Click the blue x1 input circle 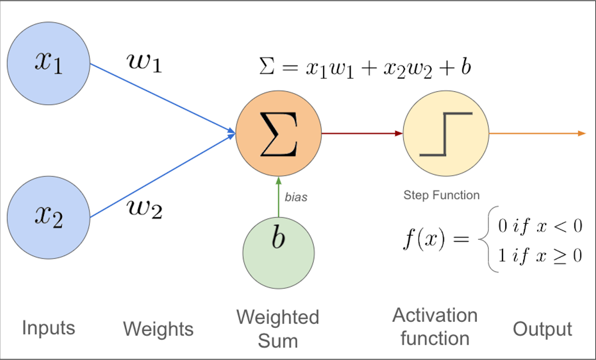click(48, 63)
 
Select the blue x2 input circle click(48, 217)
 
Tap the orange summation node click(278, 133)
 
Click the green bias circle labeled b click(278, 253)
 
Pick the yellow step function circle click(446, 133)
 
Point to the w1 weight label click(144, 63)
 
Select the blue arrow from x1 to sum click(163, 99)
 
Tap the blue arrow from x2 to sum click(163, 176)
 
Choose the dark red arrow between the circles click(362, 133)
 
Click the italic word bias click(296, 197)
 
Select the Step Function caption click(441, 195)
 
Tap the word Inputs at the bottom click(48, 328)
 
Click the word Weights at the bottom click(158, 329)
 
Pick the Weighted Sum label click(278, 329)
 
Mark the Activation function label click(435, 327)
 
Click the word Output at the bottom click(542, 329)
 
